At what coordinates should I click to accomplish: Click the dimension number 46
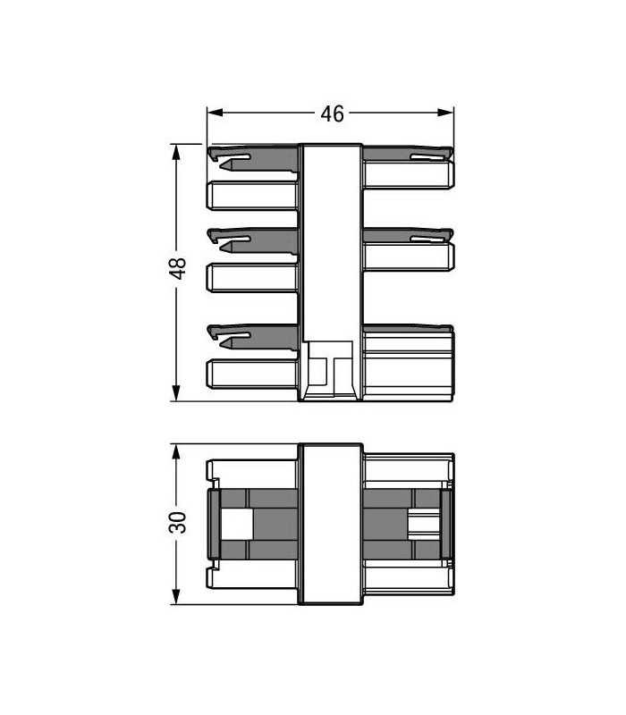(332, 114)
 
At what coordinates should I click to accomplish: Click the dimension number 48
(178, 269)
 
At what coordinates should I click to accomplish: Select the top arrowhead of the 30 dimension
(176, 450)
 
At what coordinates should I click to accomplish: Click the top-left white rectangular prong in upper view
(252, 195)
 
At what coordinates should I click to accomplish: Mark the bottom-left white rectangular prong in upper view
(252, 373)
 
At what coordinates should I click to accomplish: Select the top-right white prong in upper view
(408, 172)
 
